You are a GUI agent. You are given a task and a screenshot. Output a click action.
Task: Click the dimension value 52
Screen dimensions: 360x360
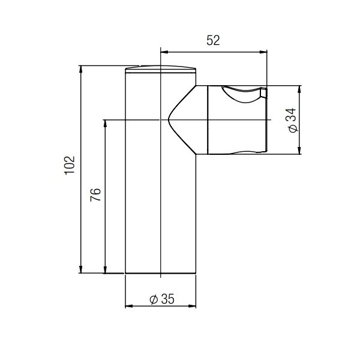click(213, 40)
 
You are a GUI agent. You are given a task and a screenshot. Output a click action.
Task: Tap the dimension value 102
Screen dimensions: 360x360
click(70, 166)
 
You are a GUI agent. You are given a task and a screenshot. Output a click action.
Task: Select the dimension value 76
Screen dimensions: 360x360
click(95, 194)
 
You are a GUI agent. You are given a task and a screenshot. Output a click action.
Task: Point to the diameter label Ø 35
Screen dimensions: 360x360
click(162, 299)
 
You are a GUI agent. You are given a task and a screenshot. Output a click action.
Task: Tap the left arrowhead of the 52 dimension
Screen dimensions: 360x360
click(164, 52)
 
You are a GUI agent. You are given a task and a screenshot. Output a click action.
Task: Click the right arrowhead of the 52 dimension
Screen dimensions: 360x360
click(263, 52)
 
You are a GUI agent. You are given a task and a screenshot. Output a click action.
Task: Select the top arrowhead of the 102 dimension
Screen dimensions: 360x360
click(80, 70)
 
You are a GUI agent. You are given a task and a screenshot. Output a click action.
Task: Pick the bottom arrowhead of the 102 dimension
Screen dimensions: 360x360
click(80, 269)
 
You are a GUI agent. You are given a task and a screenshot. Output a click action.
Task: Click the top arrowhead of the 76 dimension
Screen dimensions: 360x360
click(105, 124)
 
